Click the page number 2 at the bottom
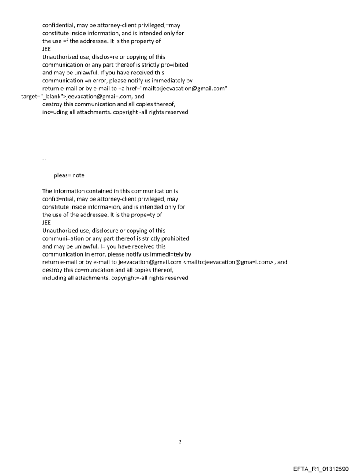[180, 442]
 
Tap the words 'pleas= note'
[69, 175]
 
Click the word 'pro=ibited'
[174, 65]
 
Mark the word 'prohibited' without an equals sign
[175, 238]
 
